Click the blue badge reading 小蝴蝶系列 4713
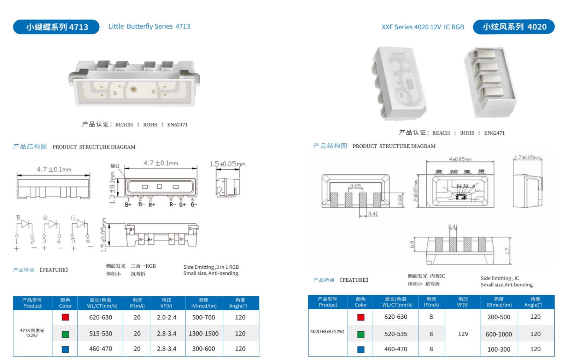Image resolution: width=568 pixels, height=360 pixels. point(56,27)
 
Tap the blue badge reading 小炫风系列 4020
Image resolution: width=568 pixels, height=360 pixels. point(513,27)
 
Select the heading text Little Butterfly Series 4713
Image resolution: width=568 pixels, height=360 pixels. point(149,26)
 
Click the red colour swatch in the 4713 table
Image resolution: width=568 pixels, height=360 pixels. point(65,317)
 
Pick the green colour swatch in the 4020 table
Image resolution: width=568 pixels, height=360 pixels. point(361,334)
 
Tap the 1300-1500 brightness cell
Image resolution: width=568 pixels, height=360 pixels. point(204,334)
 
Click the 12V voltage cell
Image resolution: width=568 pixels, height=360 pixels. point(463,334)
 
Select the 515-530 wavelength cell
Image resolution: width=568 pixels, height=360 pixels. point(100,334)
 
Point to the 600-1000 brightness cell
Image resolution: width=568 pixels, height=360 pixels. point(498,334)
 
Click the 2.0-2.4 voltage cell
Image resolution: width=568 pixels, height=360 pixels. point(166,317)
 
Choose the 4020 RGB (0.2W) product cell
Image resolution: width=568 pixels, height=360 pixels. point(327,332)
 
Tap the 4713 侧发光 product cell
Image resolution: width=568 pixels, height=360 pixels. point(32,332)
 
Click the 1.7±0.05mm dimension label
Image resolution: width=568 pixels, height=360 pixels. point(528,158)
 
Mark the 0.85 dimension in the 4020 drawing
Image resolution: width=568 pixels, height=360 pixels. point(356,186)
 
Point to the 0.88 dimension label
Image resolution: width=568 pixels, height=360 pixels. point(400,200)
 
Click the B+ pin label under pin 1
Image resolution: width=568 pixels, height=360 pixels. point(128,205)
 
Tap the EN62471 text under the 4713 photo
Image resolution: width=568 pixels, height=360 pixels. point(177,125)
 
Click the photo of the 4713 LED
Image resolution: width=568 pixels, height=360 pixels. point(134,83)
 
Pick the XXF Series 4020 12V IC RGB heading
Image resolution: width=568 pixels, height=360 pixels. point(423,27)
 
